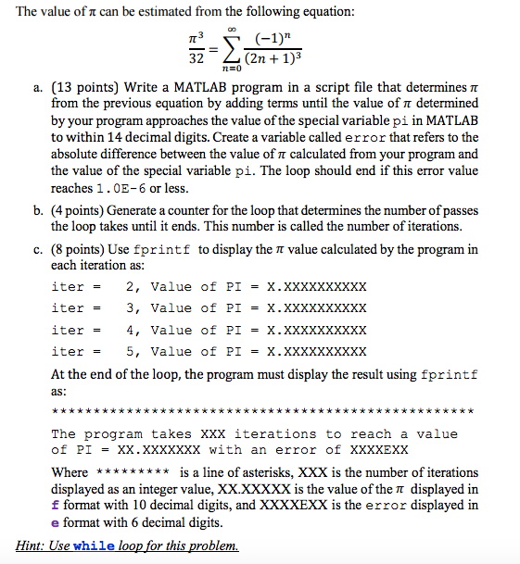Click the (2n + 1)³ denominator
(277, 59)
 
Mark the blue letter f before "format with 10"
(55, 506)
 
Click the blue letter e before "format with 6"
(55, 522)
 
